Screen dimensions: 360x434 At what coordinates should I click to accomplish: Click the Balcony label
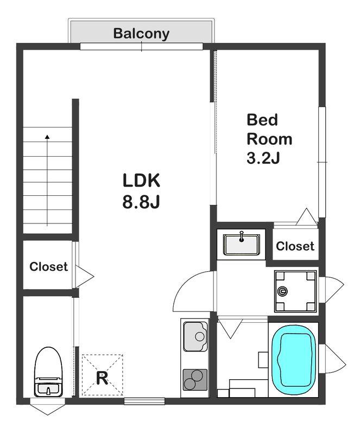coord(141,34)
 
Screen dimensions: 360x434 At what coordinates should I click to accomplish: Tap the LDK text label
coord(141,181)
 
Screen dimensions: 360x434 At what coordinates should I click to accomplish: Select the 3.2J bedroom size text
coord(263,158)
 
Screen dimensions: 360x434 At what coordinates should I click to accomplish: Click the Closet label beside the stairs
coord(48,266)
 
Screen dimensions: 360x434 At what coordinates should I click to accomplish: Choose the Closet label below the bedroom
coord(295,246)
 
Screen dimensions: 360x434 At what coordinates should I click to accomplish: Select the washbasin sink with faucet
coord(242,244)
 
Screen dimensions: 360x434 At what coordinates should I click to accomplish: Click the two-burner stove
coord(195,380)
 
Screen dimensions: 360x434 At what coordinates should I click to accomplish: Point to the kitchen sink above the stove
coord(195,336)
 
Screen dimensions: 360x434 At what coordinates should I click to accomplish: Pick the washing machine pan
coord(295,291)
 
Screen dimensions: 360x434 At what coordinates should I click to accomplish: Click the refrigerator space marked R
coord(102,375)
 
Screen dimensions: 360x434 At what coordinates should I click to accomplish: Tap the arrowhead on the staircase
coord(47,137)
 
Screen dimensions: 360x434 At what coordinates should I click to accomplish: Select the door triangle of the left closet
coord(85,277)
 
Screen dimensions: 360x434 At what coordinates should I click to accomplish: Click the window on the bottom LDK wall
coord(144,401)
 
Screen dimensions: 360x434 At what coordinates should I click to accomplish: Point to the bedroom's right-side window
coord(322,162)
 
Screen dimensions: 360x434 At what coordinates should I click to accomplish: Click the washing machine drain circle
coord(282,291)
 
